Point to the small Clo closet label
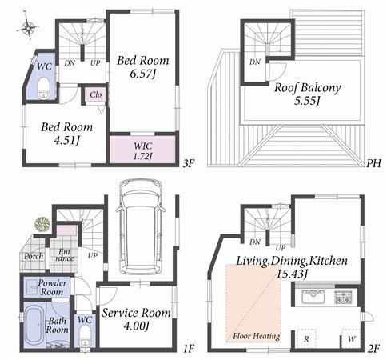[x=94, y=94]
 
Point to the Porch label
[x=34, y=257]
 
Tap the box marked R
[x=306, y=339]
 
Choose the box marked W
[x=351, y=339]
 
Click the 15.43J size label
[x=289, y=274]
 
